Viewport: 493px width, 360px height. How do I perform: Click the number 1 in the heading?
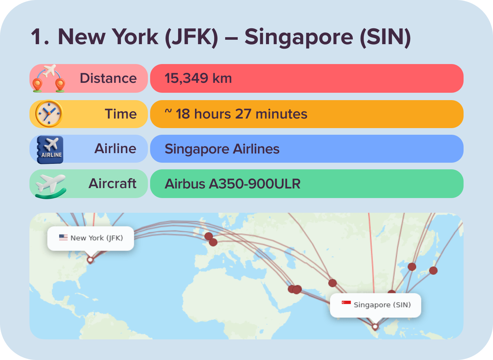coord(39,37)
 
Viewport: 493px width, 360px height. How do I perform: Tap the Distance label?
coord(108,78)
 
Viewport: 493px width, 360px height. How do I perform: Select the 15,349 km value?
coord(198,78)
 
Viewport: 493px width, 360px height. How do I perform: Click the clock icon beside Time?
coord(49,114)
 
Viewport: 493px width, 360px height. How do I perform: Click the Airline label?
coord(115,149)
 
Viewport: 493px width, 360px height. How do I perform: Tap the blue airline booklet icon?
coord(50,149)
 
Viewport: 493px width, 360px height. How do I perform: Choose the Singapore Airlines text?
coord(222,149)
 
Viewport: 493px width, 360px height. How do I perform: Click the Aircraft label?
coord(112,183)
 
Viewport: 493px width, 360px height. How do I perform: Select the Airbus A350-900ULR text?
coord(233,184)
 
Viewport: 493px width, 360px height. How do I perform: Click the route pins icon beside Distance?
coord(49,78)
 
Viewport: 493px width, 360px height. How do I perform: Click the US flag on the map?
coord(63,237)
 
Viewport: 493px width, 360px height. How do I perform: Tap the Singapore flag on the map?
coord(346,303)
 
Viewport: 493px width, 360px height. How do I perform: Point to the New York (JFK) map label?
coord(96,238)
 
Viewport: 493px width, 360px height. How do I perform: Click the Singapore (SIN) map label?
coord(382,305)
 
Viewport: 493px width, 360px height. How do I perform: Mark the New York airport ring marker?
coord(90,260)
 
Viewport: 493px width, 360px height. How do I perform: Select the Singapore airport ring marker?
coord(375,327)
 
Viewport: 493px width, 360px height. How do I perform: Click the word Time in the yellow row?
coord(121,114)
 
